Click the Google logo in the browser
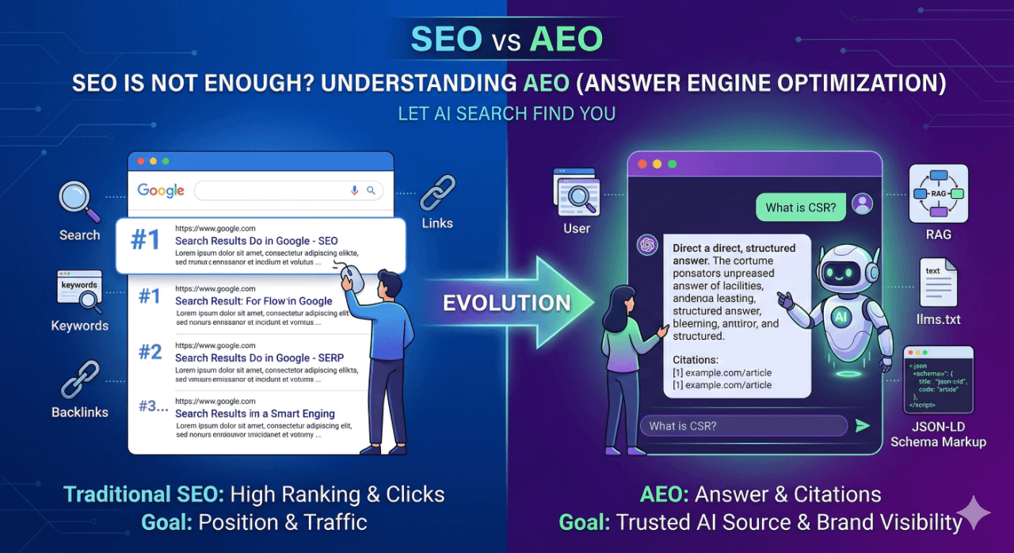click(161, 190)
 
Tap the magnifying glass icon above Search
click(79, 201)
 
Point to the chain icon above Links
click(436, 193)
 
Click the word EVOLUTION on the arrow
click(507, 303)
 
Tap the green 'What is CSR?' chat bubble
click(800, 208)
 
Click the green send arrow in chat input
click(862, 426)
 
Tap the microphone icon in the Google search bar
click(354, 190)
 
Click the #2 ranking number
click(150, 351)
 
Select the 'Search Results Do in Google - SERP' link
click(259, 358)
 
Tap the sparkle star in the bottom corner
click(973, 512)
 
